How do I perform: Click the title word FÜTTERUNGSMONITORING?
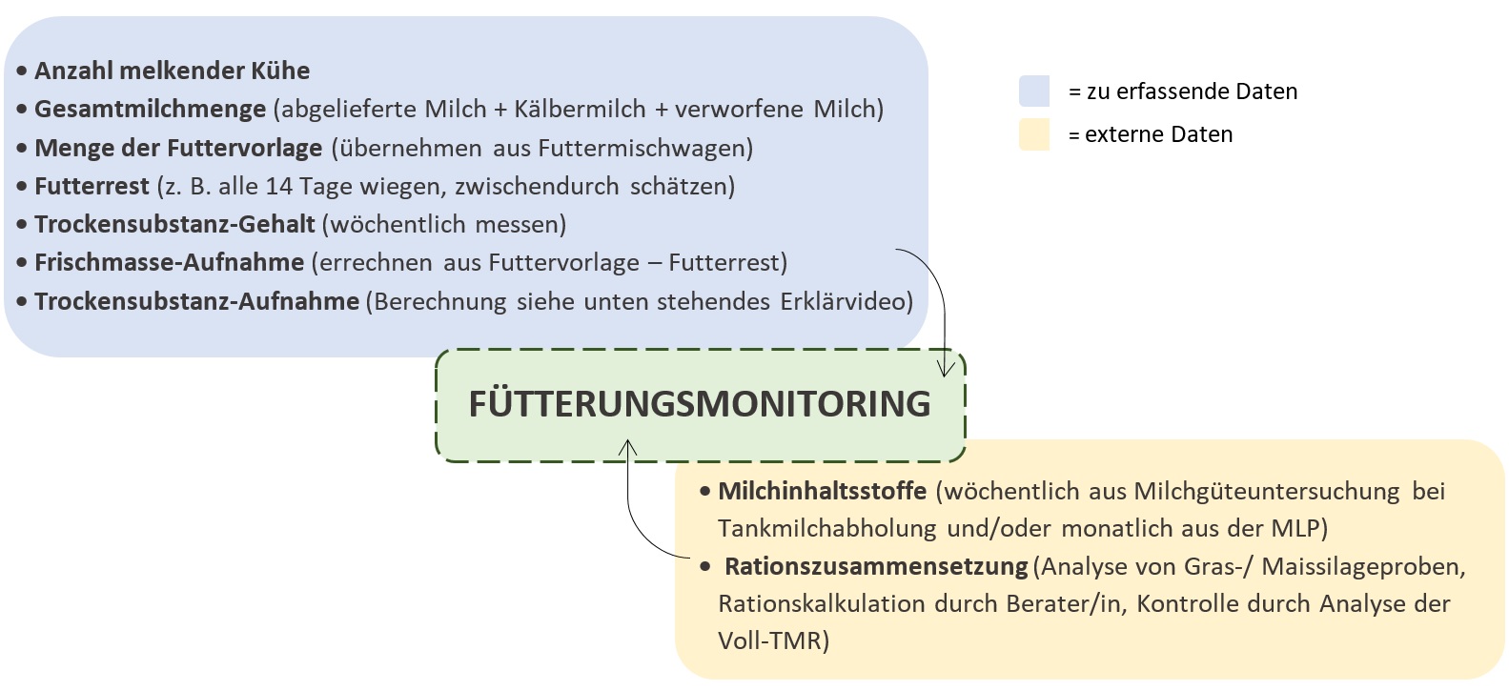[x=700, y=403]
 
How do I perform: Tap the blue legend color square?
[x=1034, y=91]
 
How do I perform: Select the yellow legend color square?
[x=1034, y=134]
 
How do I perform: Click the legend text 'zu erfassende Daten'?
[x=1192, y=91]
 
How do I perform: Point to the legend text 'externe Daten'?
[x=1159, y=134]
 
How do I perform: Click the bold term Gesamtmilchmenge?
[x=151, y=109]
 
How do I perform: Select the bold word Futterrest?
[x=92, y=186]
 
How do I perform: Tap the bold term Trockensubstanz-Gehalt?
[x=174, y=224]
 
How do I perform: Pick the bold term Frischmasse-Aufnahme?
[x=169, y=263]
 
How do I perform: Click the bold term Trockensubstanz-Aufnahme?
[x=196, y=301]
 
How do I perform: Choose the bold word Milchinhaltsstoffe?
[x=822, y=491]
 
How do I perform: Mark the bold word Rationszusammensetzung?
[x=876, y=566]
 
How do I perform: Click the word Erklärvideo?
[x=846, y=301]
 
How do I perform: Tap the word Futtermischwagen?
[x=645, y=148]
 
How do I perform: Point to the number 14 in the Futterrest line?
[x=279, y=186]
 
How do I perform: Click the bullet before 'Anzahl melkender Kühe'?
[x=22, y=71]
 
